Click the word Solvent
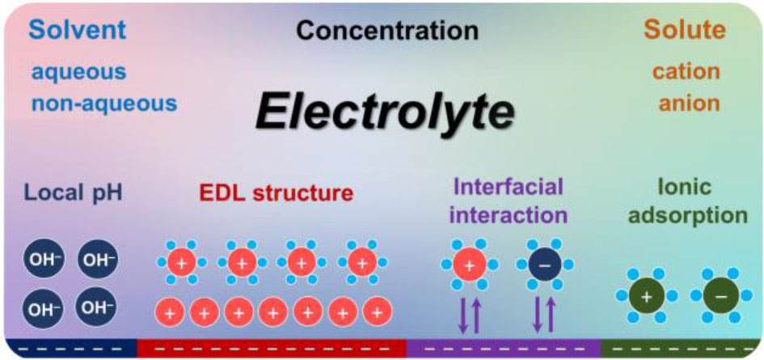tap(78, 30)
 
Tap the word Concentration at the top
tap(386, 31)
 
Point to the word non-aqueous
tap(103, 104)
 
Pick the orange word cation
tap(686, 71)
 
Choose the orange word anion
tap(686, 104)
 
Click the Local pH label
tap(74, 195)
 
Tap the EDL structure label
tap(277, 194)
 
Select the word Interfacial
tap(508, 187)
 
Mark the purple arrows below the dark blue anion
tap(543, 315)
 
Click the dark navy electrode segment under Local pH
tap(70, 349)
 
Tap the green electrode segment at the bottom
tap(682, 349)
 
